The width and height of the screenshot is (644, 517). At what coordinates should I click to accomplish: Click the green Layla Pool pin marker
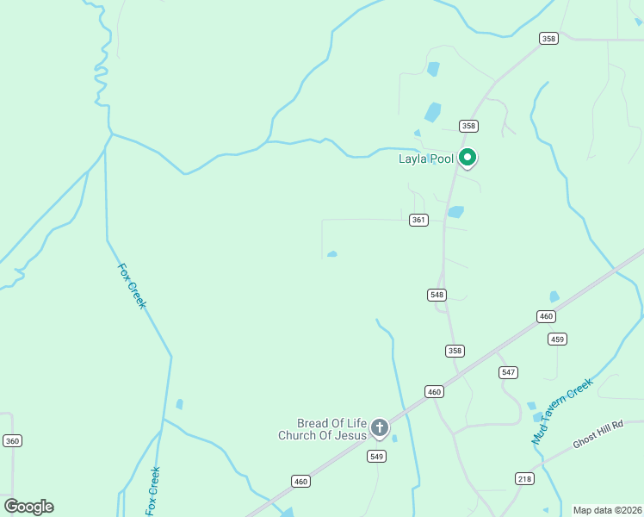(x=468, y=158)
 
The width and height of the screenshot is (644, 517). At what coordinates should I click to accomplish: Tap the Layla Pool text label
(x=425, y=159)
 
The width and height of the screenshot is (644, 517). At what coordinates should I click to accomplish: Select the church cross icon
(x=379, y=427)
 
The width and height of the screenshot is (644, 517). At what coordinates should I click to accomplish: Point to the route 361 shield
(x=418, y=220)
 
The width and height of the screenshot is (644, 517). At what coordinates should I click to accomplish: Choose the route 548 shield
(x=437, y=295)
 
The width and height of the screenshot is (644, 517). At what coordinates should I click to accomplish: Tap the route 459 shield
(x=557, y=339)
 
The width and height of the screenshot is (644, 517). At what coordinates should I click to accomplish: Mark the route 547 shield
(x=508, y=372)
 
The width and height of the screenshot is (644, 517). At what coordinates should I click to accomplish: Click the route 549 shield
(x=376, y=457)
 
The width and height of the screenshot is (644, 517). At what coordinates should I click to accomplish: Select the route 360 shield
(x=12, y=441)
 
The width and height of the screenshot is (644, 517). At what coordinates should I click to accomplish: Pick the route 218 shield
(x=525, y=479)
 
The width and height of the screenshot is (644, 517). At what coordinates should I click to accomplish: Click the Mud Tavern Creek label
(x=563, y=411)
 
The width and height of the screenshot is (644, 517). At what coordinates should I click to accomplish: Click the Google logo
(x=28, y=507)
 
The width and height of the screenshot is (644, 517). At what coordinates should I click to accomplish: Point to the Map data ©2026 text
(x=607, y=510)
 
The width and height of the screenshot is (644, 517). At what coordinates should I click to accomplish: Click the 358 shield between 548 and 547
(x=455, y=351)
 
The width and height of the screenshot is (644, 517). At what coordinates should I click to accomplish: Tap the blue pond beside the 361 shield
(x=455, y=212)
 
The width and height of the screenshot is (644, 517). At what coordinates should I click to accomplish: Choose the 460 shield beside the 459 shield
(x=546, y=316)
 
